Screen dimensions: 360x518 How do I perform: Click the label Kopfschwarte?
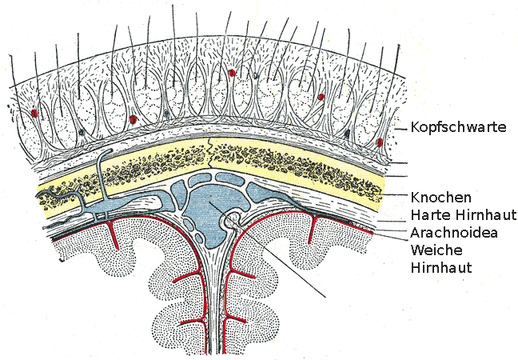pyautogui.click(x=458, y=126)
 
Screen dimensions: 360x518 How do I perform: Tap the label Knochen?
pyautogui.click(x=440, y=197)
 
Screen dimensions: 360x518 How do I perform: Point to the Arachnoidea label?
pyautogui.click(x=455, y=233)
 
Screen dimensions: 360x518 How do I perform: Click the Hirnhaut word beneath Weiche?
pyautogui.click(x=439, y=268)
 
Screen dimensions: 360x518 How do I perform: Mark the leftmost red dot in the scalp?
pyautogui.click(x=34, y=113)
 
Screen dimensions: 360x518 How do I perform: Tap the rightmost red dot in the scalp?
pyautogui.click(x=380, y=143)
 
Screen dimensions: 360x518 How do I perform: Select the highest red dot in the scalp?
pyautogui.click(x=232, y=73)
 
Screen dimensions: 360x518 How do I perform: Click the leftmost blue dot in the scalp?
pyautogui.click(x=82, y=130)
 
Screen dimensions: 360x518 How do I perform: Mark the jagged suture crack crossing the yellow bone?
pyautogui.click(x=209, y=160)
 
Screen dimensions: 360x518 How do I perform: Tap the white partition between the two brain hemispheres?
pyautogui.click(x=211, y=288)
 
